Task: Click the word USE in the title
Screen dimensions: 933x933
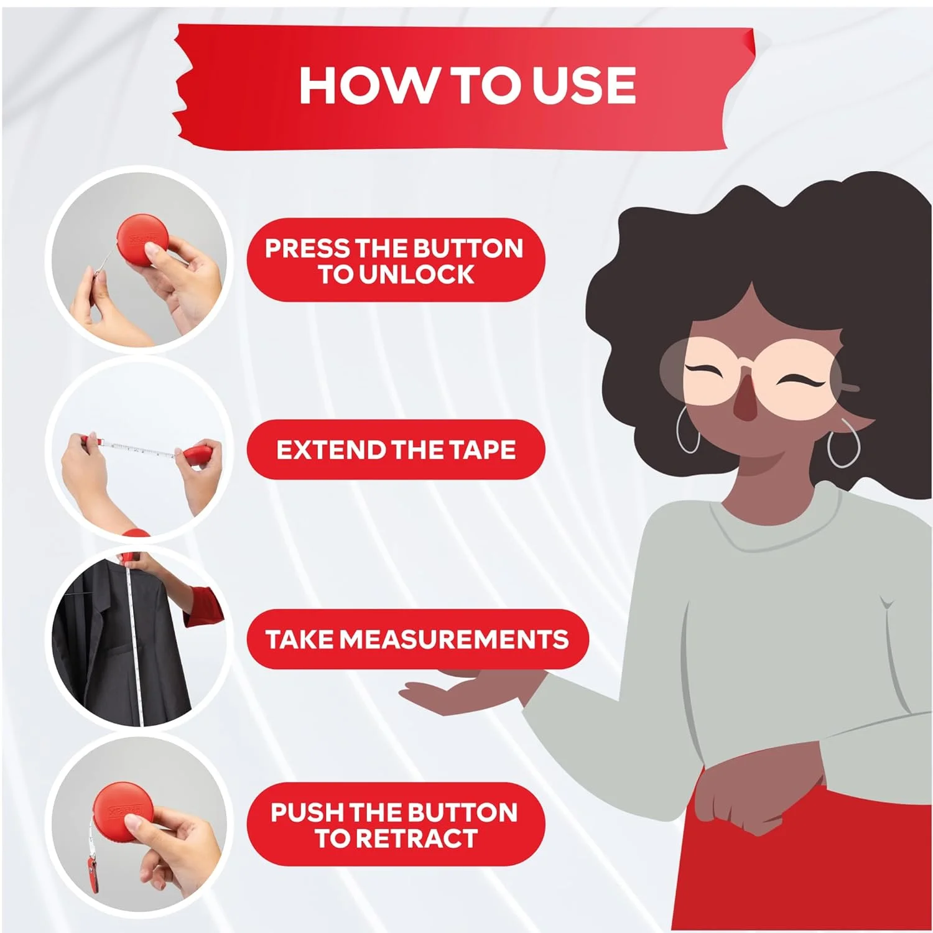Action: tap(584, 85)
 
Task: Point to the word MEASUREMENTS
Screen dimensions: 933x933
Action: tap(454, 639)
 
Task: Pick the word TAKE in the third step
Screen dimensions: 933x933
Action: tap(300, 639)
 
